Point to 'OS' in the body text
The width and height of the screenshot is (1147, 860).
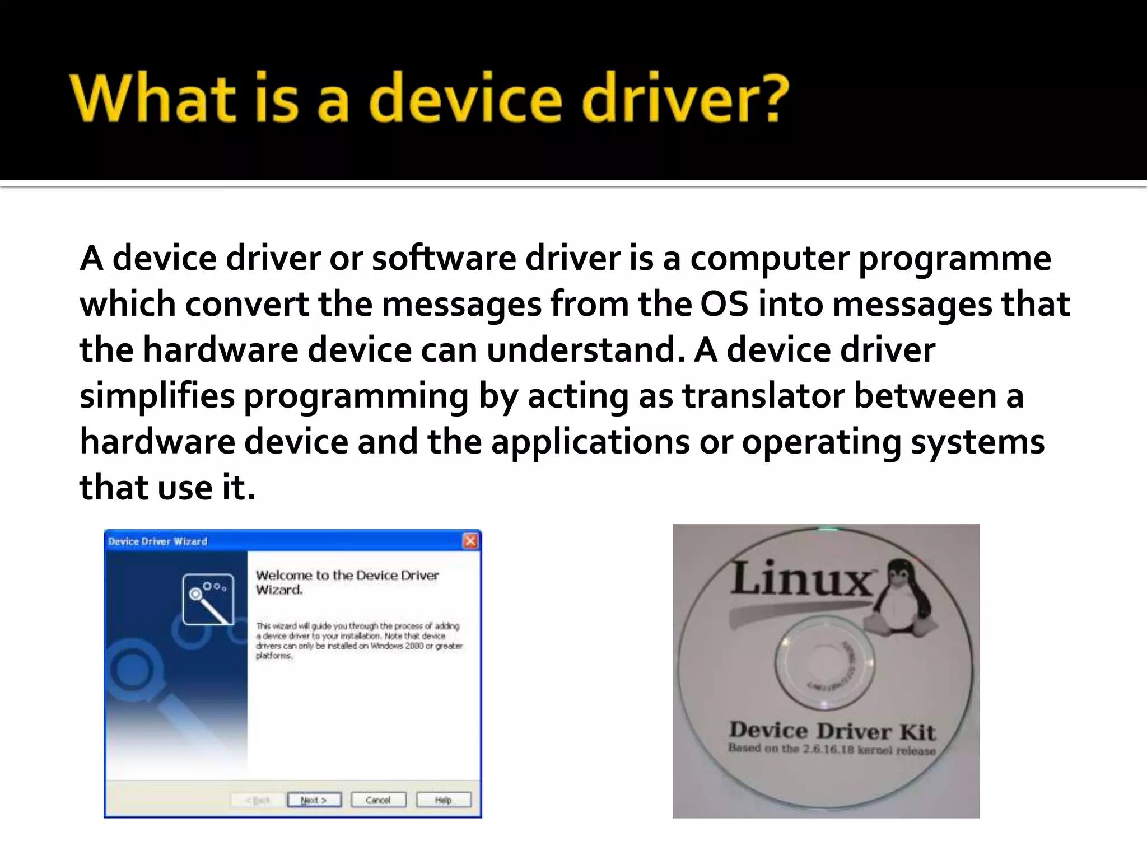point(724,305)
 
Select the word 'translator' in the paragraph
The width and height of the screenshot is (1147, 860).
point(763,396)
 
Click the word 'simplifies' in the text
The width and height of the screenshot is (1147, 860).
point(157,396)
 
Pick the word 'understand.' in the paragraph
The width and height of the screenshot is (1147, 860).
point(585,350)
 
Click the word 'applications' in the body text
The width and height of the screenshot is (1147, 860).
point(590,442)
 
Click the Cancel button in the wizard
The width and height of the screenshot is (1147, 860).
point(378,800)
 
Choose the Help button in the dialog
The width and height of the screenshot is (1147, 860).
point(443,800)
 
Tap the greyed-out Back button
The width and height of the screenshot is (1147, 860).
point(258,800)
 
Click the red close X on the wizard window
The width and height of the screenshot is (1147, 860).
point(470,541)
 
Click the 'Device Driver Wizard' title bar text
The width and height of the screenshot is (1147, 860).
point(158,541)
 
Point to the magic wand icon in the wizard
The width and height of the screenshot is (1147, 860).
point(208,599)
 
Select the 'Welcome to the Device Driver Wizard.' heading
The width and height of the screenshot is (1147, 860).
point(347,582)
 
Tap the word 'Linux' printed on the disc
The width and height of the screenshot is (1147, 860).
point(801,578)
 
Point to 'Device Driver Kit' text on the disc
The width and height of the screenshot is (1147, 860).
point(832,731)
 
